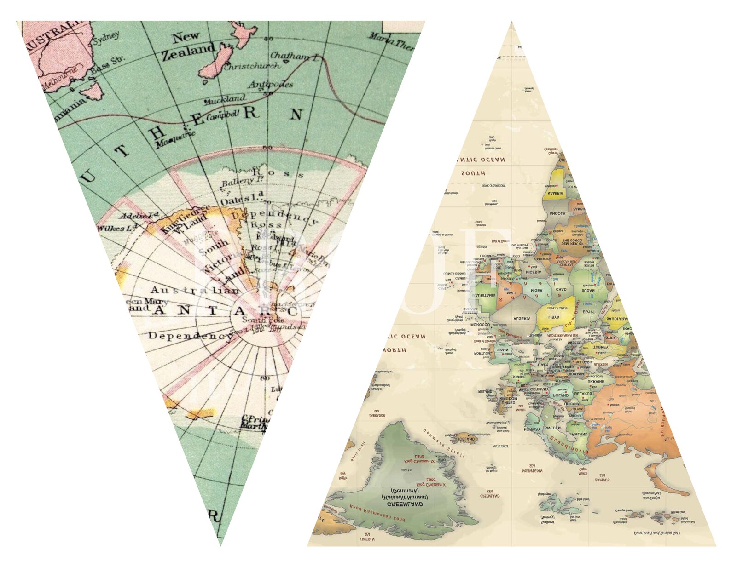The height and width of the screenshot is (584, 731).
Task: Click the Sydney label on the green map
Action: click(x=106, y=38)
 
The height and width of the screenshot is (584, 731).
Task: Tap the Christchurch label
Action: click(x=252, y=66)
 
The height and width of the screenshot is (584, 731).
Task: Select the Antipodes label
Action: click(x=271, y=85)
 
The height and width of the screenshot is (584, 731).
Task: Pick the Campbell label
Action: click(x=223, y=115)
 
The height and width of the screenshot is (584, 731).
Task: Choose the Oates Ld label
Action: click(x=241, y=200)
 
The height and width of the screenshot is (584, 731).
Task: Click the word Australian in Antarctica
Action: click(x=195, y=290)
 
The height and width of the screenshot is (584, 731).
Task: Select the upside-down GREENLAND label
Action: click(x=405, y=504)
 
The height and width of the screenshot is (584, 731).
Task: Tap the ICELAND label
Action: click(x=466, y=439)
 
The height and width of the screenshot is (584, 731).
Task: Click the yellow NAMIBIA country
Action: click(x=556, y=193)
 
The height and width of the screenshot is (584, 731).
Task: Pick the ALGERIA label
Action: click(x=522, y=318)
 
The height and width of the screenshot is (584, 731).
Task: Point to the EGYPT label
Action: click(x=589, y=312)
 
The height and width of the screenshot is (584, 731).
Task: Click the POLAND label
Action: click(x=561, y=395)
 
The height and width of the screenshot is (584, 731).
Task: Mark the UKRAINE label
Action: click(x=596, y=381)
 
